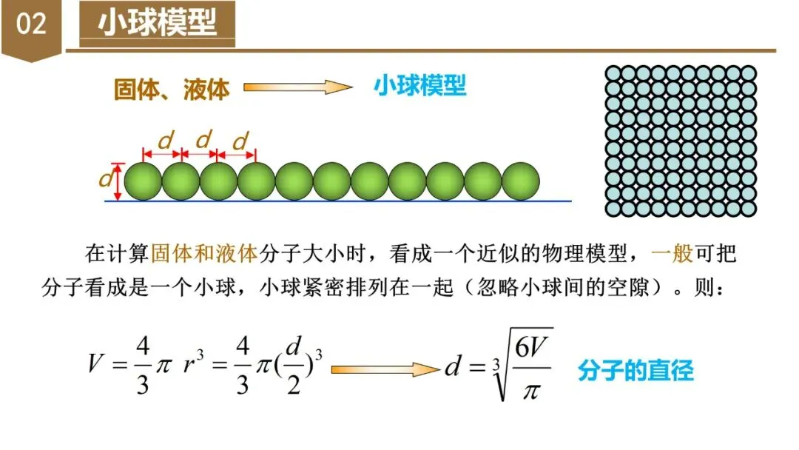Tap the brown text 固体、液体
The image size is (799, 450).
pyautogui.click(x=172, y=89)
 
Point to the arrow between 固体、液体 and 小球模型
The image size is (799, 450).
pyautogui.click(x=297, y=87)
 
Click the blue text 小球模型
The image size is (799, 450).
pyautogui.click(x=419, y=86)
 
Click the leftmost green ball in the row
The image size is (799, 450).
pyautogui.click(x=143, y=181)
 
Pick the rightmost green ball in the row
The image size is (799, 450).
pyautogui.click(x=522, y=181)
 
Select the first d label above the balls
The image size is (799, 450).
pyautogui.click(x=166, y=140)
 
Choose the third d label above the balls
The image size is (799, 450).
pyautogui.click(x=240, y=140)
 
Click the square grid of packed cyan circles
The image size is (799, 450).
pyautogui.click(x=681, y=141)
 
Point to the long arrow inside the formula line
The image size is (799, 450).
pyautogui.click(x=385, y=369)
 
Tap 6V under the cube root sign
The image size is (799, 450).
pyautogui.click(x=530, y=350)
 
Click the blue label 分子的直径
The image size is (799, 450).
pyautogui.click(x=636, y=370)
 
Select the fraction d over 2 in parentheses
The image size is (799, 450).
pyautogui.click(x=294, y=369)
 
